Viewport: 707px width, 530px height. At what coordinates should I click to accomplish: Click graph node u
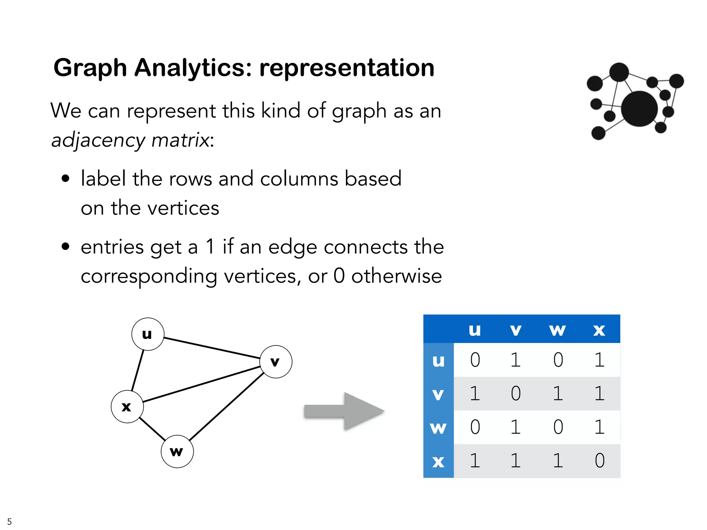pyautogui.click(x=148, y=334)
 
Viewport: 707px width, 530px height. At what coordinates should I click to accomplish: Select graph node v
pyautogui.click(x=275, y=362)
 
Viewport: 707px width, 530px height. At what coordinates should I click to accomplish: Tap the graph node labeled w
pyautogui.click(x=177, y=451)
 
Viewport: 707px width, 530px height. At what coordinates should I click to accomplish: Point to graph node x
pyautogui.click(x=127, y=407)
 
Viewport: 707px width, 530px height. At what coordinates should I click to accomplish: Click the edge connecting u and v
pyautogui.click(x=211, y=348)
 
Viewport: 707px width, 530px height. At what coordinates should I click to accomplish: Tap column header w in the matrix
pyautogui.click(x=558, y=330)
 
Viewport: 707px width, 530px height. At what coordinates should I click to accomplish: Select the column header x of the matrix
pyautogui.click(x=599, y=330)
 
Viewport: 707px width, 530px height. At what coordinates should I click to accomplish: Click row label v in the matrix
pyautogui.click(x=438, y=393)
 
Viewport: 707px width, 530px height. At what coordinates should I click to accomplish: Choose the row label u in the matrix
pyautogui.click(x=438, y=360)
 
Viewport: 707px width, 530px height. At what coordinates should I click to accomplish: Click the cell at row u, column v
pyautogui.click(x=516, y=360)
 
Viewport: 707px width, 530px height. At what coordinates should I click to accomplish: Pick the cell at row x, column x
pyautogui.click(x=600, y=460)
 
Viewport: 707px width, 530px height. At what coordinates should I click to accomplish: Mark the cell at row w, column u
pyautogui.click(x=475, y=427)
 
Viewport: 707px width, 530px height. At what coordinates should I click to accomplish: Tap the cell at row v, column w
pyautogui.click(x=558, y=393)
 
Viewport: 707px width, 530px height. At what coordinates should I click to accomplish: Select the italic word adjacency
pyautogui.click(x=98, y=140)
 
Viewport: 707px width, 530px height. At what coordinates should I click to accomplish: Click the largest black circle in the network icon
pyautogui.click(x=639, y=109)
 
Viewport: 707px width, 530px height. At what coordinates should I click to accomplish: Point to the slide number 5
pyautogui.click(x=9, y=521)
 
